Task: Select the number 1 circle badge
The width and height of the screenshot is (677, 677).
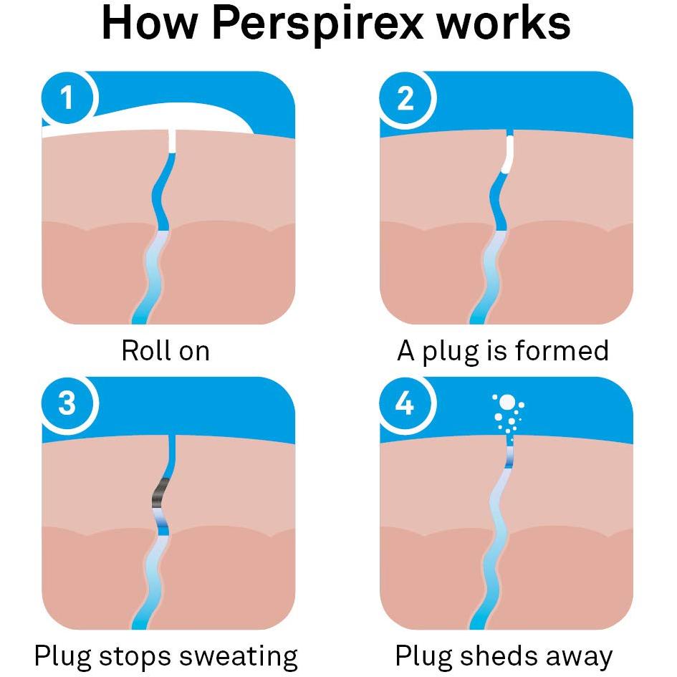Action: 67,97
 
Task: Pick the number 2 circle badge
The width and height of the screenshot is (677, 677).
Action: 405,97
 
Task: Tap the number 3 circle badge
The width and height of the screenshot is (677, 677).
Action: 67,403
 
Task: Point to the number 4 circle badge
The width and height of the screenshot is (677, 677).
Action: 405,403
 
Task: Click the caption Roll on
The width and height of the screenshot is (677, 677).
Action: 165,350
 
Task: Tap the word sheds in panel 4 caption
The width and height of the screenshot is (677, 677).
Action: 499,656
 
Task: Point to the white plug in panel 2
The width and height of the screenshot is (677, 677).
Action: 508,155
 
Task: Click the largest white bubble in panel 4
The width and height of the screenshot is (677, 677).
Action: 507,402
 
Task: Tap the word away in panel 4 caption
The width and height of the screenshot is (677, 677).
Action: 579,657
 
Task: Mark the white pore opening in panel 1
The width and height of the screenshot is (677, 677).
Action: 172,140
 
